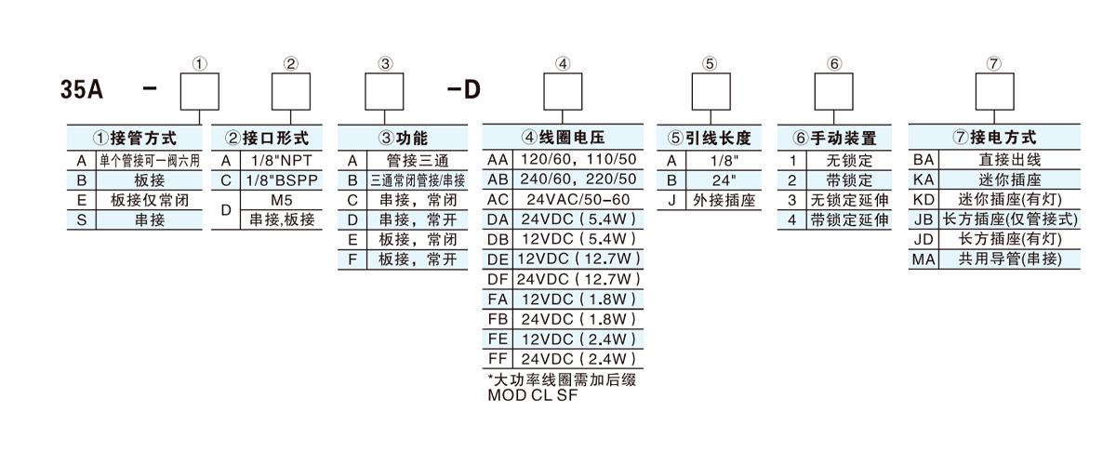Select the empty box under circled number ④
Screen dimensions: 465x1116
563,91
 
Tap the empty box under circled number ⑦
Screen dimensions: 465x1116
994,91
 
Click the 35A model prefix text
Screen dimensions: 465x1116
81,92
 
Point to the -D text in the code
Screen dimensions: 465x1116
464,92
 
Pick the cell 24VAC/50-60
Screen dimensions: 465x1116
578,199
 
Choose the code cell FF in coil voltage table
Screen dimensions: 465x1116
498,359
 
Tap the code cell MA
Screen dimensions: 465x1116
923,259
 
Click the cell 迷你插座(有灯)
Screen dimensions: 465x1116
1008,199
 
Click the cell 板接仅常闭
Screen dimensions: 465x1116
149,199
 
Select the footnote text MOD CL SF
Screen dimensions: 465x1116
533,394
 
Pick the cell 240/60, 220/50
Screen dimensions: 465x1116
578,179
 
